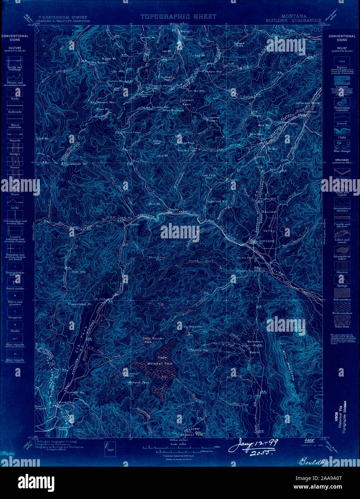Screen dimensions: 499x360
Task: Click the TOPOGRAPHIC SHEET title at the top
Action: point(178,16)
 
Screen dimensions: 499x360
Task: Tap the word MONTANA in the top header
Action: point(294,16)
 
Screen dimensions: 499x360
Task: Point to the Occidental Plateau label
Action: point(211,119)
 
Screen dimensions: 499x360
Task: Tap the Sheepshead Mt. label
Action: point(80,304)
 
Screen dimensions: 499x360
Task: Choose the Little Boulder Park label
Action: point(153,340)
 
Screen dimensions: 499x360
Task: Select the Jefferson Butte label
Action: point(307,103)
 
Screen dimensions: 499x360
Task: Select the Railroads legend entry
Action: point(15,112)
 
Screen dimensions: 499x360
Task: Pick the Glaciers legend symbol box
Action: point(342,266)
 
